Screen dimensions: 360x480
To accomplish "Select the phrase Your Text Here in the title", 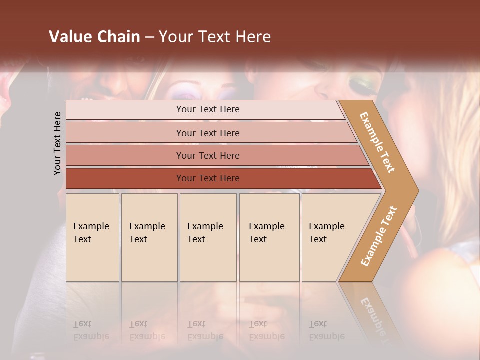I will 215,37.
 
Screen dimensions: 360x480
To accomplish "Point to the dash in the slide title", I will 149,37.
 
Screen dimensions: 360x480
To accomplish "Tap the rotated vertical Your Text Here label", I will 57,143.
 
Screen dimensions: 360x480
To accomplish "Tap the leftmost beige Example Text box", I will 92,237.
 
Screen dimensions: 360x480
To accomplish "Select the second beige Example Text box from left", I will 149,237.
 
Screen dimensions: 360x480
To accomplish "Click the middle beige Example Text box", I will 208,237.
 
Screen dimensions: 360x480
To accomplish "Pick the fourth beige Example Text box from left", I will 269,237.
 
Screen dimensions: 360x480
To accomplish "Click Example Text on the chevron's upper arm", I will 377,142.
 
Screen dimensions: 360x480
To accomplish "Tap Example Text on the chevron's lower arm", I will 379,236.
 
